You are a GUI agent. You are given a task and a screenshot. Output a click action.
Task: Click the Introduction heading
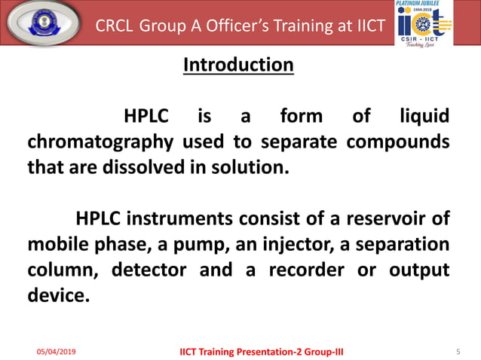(x=238, y=66)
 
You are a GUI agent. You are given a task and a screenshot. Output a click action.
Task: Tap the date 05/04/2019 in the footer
(x=57, y=351)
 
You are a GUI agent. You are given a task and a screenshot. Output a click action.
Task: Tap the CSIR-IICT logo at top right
(x=424, y=23)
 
